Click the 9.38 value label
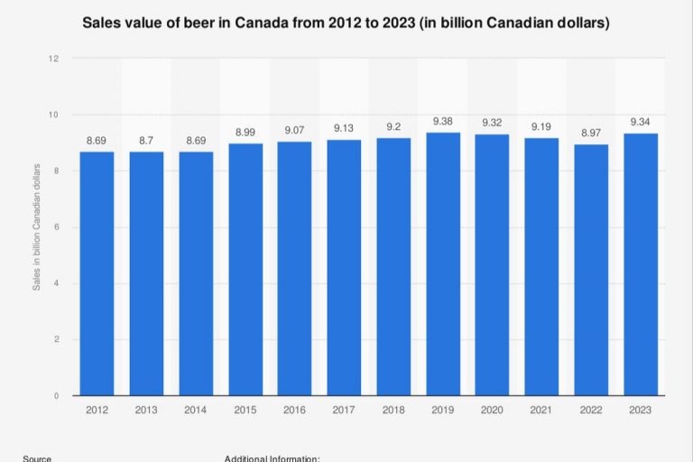(443, 122)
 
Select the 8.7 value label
(146, 141)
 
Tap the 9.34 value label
(641, 123)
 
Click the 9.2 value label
(393, 127)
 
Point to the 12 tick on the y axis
(53, 59)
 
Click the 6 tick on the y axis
(56, 227)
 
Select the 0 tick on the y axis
(56, 396)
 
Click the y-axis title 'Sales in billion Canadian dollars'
(37, 226)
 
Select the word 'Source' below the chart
(37, 458)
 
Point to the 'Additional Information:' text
(272, 458)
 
